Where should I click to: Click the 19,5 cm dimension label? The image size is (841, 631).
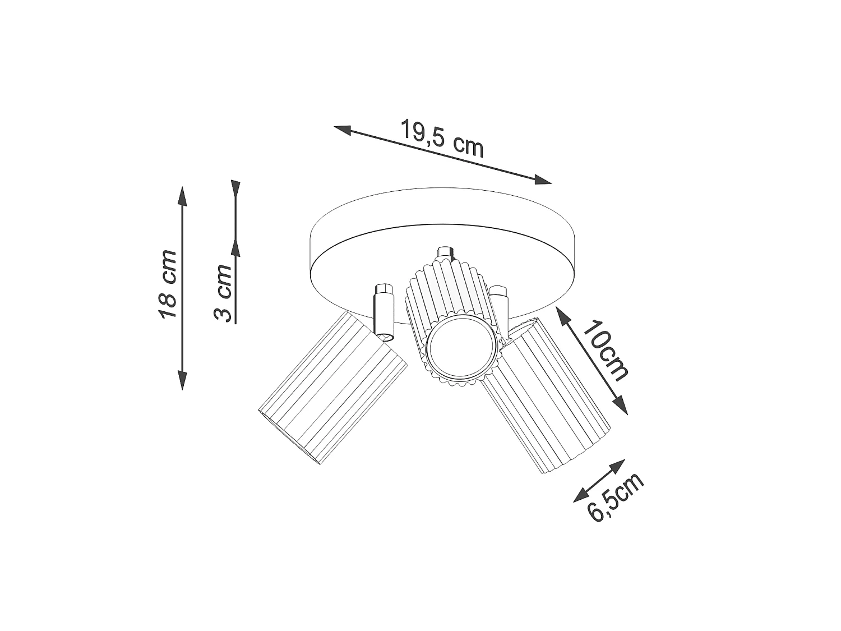(x=442, y=139)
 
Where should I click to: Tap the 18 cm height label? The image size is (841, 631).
(x=168, y=284)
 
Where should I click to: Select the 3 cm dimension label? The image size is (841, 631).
(x=223, y=293)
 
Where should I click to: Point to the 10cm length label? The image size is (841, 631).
(x=605, y=350)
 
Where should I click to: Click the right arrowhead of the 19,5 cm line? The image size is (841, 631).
(x=543, y=179)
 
